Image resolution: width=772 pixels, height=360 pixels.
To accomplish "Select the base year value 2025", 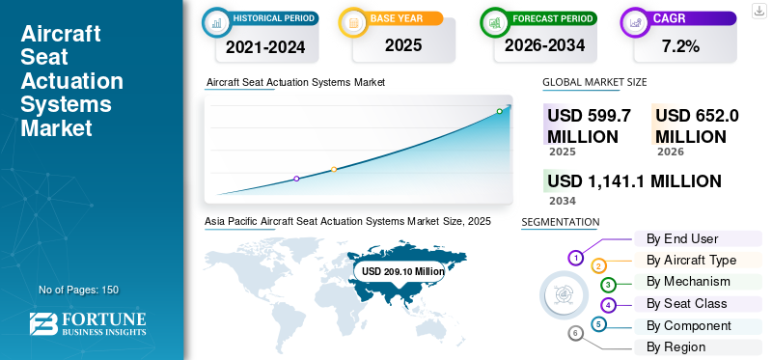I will (x=399, y=45).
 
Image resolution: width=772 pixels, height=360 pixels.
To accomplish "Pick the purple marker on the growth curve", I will (x=296, y=179).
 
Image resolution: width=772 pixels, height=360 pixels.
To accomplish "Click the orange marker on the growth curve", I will (x=334, y=169).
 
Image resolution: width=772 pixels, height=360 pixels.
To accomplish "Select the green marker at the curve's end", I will (x=499, y=111).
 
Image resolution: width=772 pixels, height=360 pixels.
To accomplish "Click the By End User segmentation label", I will (x=681, y=238).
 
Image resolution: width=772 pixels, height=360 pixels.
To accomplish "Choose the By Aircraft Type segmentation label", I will (x=691, y=260).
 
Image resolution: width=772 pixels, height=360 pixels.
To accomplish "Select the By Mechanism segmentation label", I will (x=688, y=282).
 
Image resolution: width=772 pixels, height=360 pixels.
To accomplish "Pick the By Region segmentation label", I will (x=675, y=346).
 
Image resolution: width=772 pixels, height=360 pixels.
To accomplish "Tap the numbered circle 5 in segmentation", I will (x=599, y=324).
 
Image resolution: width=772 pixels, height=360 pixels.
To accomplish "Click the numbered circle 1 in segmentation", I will (x=576, y=258).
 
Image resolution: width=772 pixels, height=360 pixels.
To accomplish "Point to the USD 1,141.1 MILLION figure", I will (x=634, y=180).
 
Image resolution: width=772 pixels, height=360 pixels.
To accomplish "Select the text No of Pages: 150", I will (x=78, y=290).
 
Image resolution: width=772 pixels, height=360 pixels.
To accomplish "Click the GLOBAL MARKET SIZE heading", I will (x=594, y=83).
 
